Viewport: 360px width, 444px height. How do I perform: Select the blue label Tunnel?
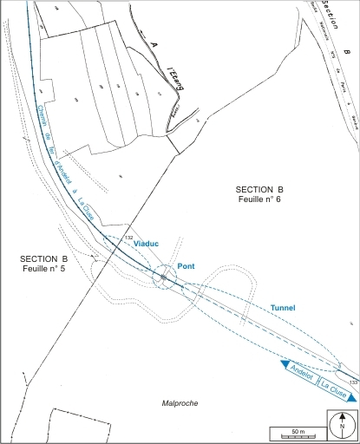[283, 308]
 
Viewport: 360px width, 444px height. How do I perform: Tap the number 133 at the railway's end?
[352, 382]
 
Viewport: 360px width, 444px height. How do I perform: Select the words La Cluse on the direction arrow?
[333, 389]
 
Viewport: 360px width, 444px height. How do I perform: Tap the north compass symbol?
[342, 425]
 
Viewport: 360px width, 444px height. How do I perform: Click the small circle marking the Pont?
[163, 277]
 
